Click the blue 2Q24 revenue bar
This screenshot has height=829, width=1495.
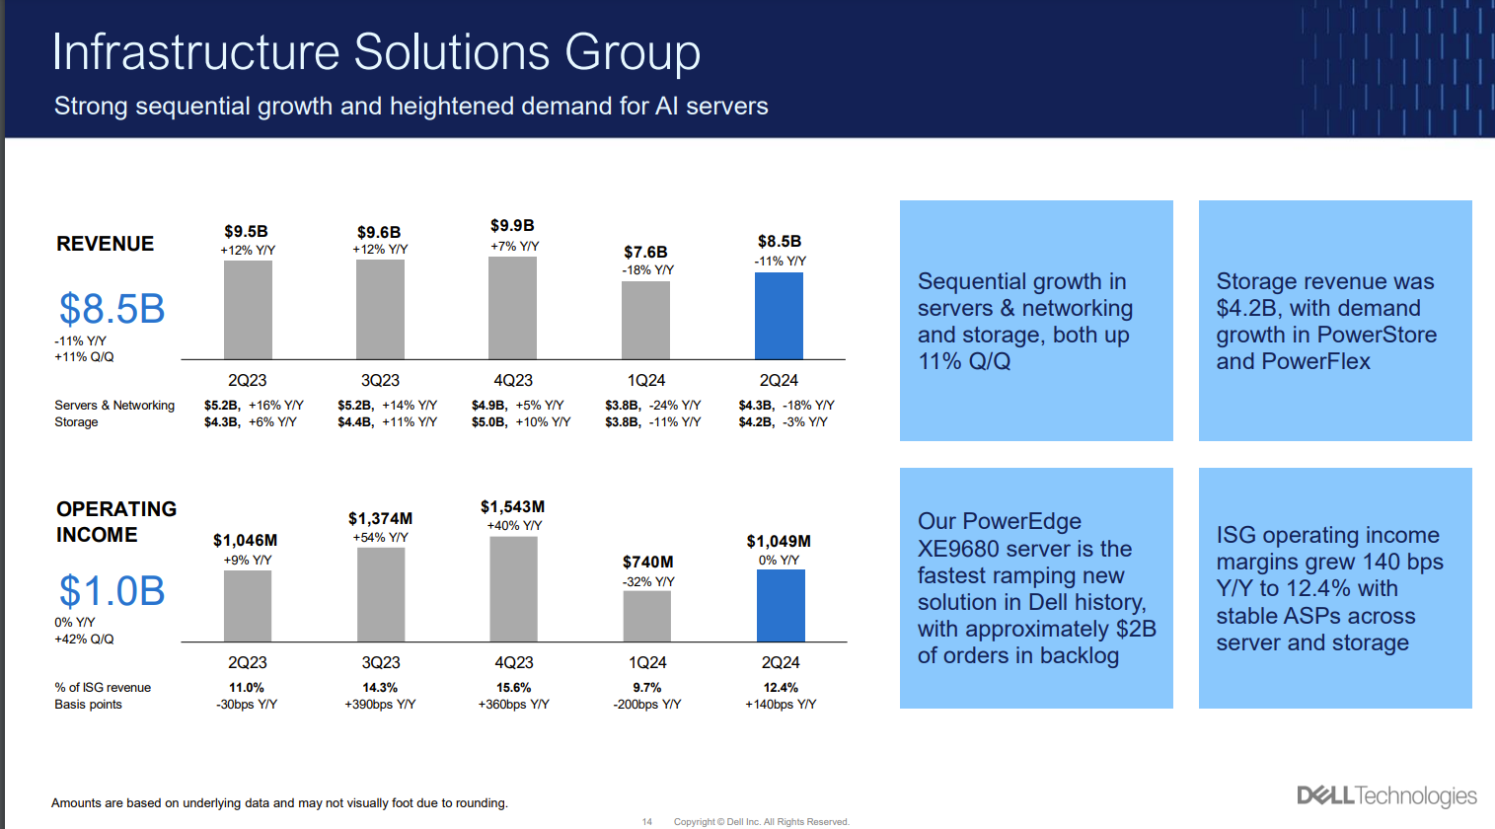coord(779,316)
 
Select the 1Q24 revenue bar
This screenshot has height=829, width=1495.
coord(645,321)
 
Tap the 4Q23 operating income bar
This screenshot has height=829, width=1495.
coord(513,589)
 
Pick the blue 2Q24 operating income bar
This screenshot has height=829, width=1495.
coord(781,606)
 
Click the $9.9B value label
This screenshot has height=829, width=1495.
coord(512,226)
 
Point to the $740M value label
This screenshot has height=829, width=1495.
coord(647,562)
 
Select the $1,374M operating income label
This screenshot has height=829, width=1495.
coord(380,519)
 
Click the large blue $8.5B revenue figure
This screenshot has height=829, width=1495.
coord(112,309)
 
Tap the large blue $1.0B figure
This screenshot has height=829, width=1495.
coord(112,591)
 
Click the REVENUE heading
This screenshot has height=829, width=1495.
coord(105,244)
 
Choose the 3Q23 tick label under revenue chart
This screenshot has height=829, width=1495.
coord(380,380)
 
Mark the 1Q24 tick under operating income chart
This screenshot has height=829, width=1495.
coord(647,662)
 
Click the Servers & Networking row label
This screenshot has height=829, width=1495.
coord(114,406)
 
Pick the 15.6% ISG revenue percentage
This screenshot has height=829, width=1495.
coord(513,688)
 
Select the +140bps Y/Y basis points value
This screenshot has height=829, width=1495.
coord(781,705)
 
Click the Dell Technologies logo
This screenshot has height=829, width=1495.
coord(1386,795)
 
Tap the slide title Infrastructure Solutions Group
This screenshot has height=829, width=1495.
coord(376,51)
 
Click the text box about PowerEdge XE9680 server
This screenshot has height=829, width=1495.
coord(1036,588)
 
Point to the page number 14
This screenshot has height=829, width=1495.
coord(647,821)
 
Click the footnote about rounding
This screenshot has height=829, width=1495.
coord(279,803)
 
